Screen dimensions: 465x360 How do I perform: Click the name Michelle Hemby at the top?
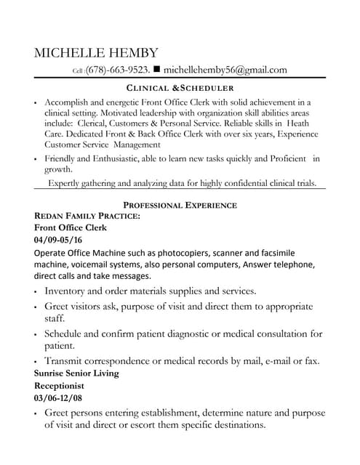point(95,53)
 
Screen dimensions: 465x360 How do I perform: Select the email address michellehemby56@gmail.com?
point(225,70)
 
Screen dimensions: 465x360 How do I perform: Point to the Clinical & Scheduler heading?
point(180,88)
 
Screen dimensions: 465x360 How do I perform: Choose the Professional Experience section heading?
point(180,206)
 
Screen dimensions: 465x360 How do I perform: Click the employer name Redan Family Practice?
point(87,217)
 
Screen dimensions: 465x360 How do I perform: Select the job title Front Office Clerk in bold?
point(71,227)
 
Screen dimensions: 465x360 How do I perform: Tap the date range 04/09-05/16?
point(58,239)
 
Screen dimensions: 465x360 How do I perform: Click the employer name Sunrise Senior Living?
point(76,373)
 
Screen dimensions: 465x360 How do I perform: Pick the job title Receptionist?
point(60,385)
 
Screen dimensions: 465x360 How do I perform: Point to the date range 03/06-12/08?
point(58,398)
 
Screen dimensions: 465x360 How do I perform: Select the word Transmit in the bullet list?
point(67,360)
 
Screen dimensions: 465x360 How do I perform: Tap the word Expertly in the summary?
point(66,183)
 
